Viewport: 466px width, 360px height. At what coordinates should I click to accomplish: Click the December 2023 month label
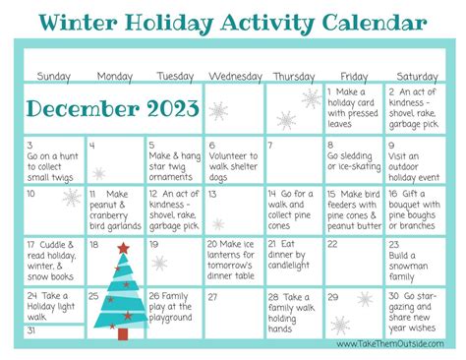click(x=113, y=107)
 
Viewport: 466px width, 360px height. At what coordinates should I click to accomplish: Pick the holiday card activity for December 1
click(x=355, y=106)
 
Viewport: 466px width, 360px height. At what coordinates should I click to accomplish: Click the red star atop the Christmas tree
click(x=123, y=248)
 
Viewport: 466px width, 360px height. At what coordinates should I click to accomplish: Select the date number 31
click(x=32, y=331)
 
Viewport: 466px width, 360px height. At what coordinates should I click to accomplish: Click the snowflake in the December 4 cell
click(x=99, y=173)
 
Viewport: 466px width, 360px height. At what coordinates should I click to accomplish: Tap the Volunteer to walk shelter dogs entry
click(x=235, y=159)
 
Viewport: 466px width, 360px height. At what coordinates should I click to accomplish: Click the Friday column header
click(x=355, y=76)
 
